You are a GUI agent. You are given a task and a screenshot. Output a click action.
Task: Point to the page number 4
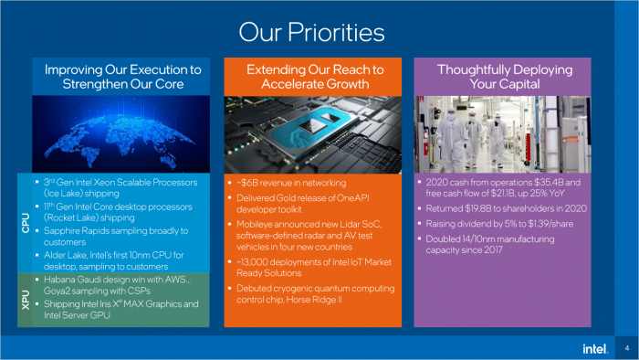626,348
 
